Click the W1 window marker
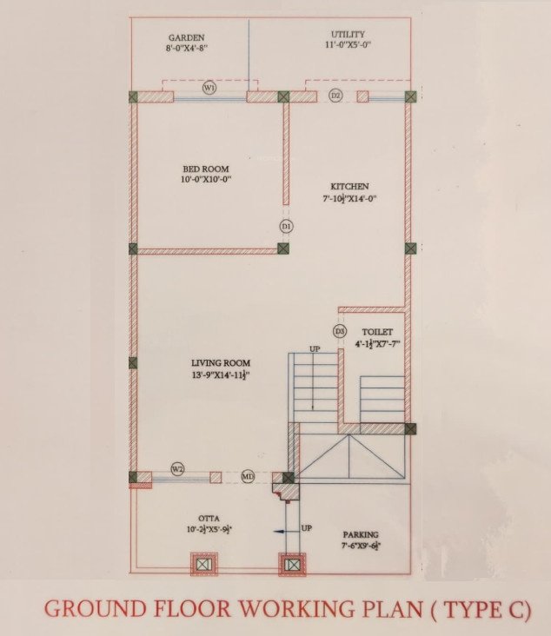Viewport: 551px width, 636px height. [209, 89]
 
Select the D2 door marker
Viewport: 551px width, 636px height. [335, 95]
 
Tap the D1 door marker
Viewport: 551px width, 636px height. [286, 226]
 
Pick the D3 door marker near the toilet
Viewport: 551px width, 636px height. [340, 332]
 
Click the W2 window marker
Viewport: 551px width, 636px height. [177, 469]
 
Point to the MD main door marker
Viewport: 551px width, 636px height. [248, 476]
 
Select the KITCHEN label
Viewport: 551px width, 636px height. [349, 187]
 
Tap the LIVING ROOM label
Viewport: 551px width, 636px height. [221, 362]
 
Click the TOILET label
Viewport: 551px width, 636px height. [377, 332]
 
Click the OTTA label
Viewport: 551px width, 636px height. [208, 518]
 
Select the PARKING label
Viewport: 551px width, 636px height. [360, 535]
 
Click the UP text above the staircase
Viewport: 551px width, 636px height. [314, 349]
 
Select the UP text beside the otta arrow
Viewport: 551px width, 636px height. [306, 527]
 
